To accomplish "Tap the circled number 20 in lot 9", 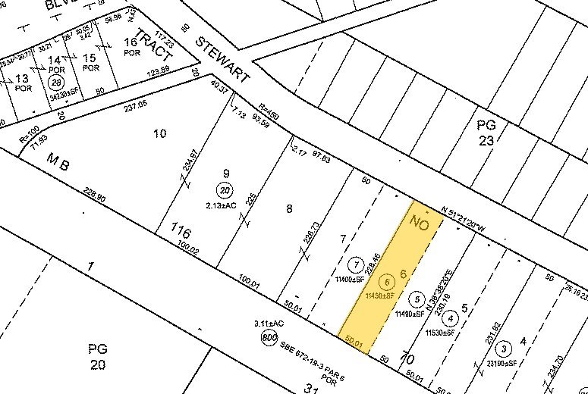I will (225, 189).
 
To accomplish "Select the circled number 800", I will (269, 339).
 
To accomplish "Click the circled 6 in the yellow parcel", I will (388, 282).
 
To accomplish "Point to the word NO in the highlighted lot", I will (423, 224).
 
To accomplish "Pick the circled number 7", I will (355, 265).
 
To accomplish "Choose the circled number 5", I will (416, 298).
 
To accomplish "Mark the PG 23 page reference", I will (486, 133).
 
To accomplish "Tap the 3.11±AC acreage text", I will (269, 324).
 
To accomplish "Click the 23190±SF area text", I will (503, 364).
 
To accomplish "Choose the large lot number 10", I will (159, 134).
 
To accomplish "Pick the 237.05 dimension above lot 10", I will (135, 108).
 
